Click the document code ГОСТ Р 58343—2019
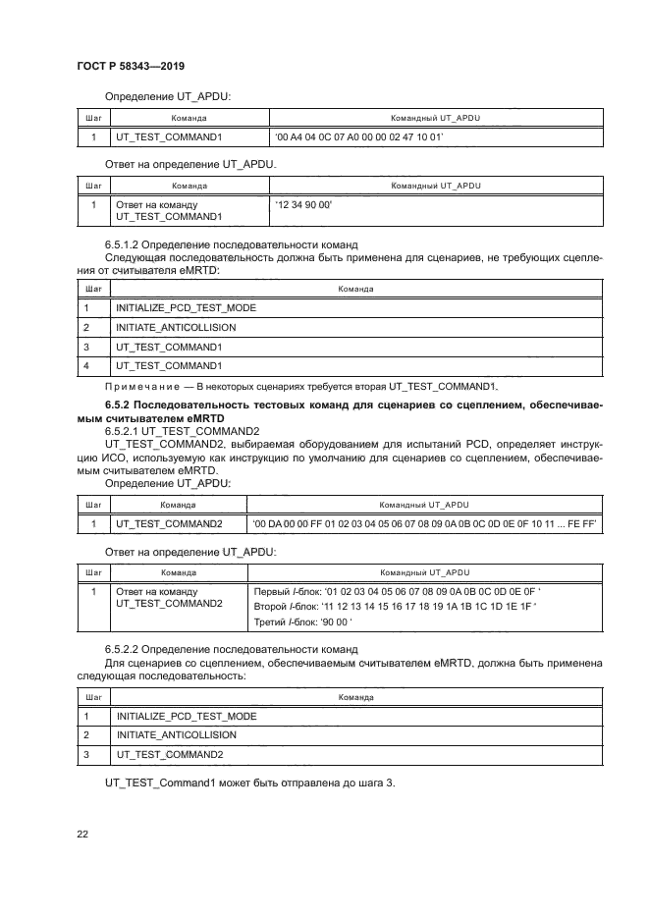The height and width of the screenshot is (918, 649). (132, 66)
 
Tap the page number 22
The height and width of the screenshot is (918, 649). (83, 835)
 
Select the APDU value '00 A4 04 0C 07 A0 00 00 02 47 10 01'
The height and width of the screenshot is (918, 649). (359, 138)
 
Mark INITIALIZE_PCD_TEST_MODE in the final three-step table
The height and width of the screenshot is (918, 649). (186, 716)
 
